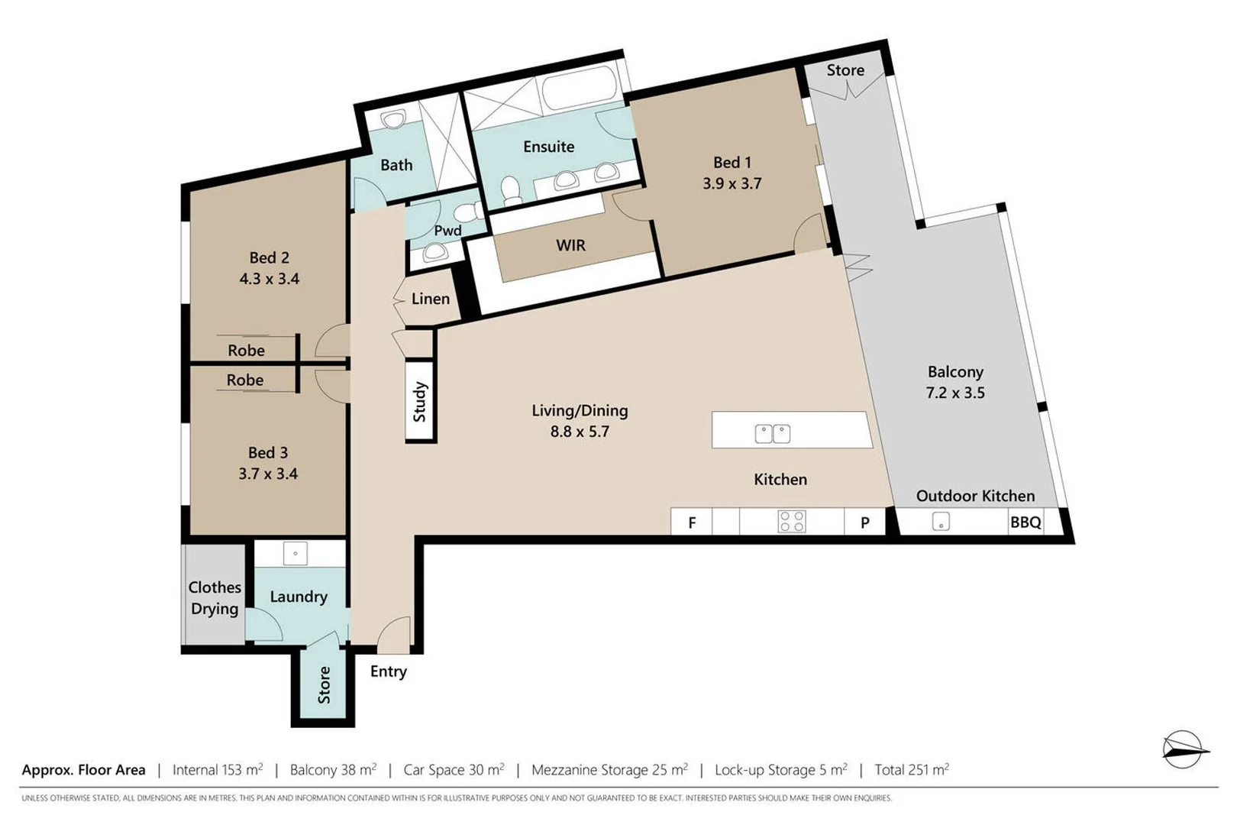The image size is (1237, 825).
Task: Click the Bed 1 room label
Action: pos(732,163)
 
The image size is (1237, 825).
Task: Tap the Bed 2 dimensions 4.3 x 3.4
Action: pos(269,279)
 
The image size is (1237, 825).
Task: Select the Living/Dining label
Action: pos(580,410)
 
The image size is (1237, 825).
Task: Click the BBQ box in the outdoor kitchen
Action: pos(1025,522)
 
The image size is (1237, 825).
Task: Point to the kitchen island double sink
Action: pos(773,434)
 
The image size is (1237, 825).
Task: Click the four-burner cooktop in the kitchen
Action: pos(791,521)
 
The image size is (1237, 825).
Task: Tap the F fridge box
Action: pos(691,522)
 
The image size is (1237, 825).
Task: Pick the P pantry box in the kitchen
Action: pos(865,522)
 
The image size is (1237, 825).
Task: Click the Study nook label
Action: pos(420,402)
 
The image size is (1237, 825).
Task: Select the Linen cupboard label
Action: pos(430,299)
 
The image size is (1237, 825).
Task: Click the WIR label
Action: pos(570,245)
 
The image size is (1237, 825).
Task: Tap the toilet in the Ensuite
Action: pos(511,189)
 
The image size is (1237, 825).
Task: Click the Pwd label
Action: pos(447,231)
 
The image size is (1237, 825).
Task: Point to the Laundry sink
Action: pos(296,553)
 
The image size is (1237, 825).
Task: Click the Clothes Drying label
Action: pos(215,598)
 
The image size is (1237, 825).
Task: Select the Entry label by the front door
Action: pos(388,672)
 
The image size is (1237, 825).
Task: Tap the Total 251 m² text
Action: pos(912,769)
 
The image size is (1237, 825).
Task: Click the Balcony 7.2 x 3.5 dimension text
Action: pos(955,393)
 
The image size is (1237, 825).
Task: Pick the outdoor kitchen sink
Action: pos(941,521)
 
